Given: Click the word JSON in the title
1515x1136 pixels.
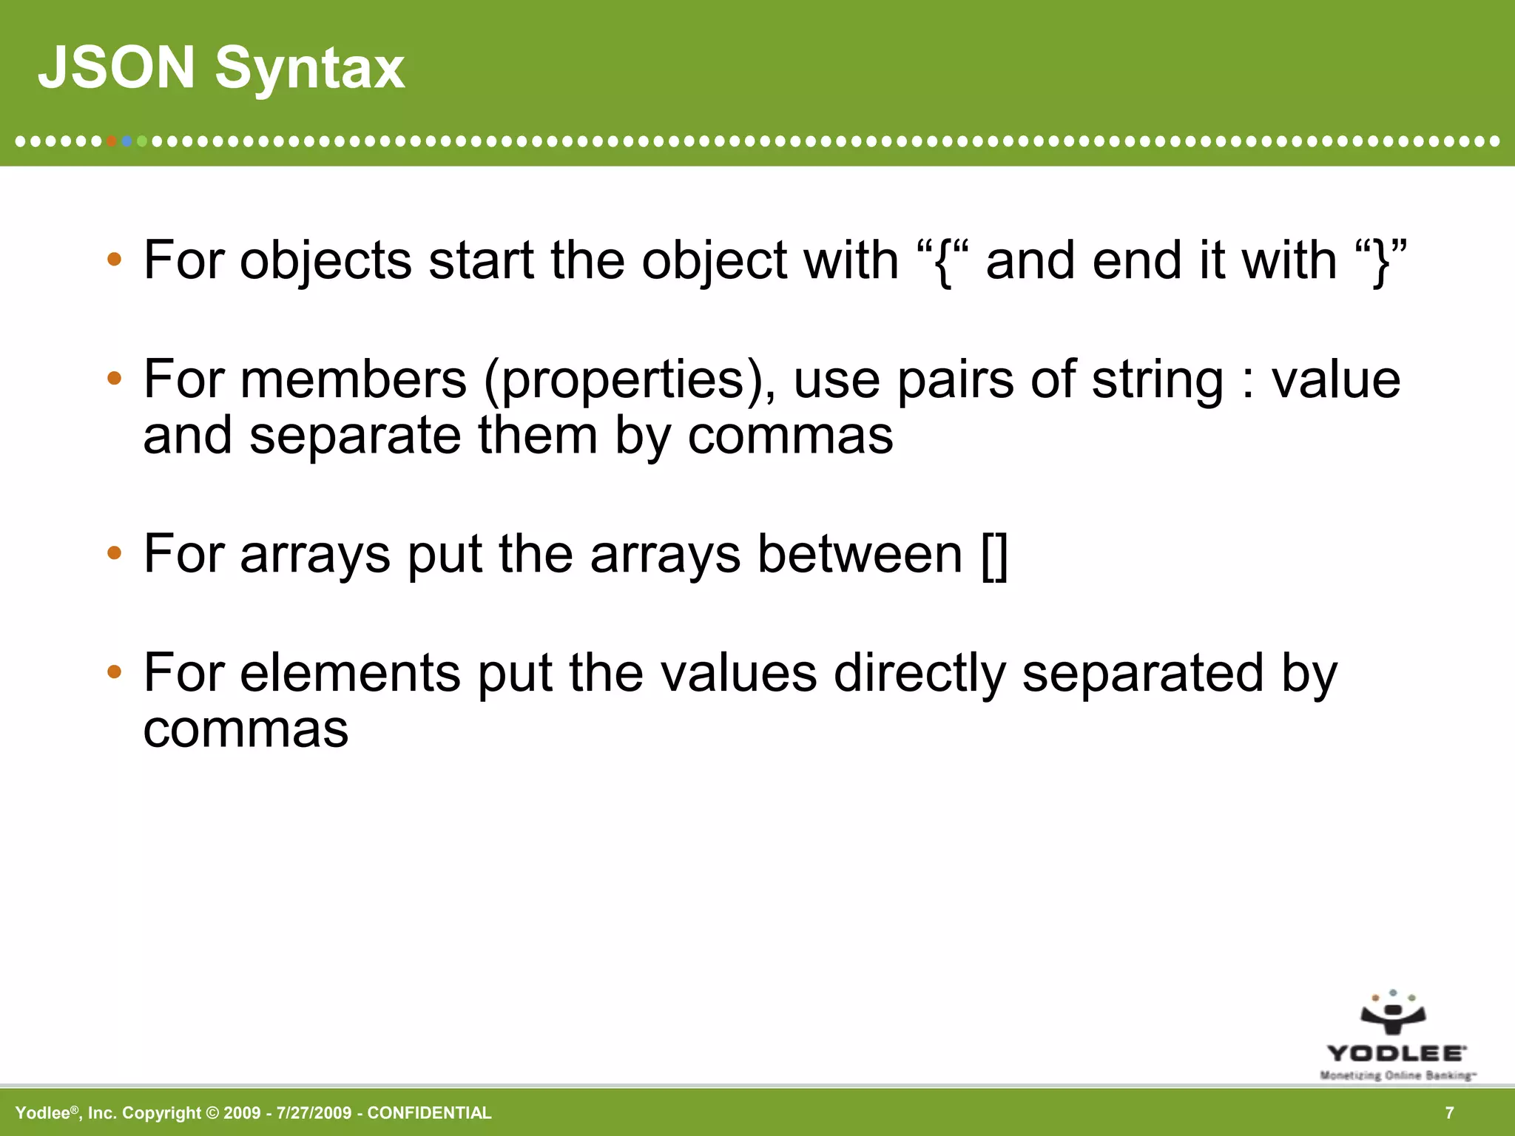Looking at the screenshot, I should tap(116, 68).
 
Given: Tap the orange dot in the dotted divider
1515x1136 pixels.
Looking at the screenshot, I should tap(111, 141).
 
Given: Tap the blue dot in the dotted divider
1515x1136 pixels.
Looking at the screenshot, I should tap(126, 141).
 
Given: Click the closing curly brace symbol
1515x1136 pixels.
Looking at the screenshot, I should tap(1380, 263).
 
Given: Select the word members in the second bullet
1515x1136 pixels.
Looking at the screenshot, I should tap(353, 379).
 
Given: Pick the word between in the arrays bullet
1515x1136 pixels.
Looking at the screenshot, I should tap(860, 555).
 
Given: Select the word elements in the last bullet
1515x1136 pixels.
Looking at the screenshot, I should tap(350, 673).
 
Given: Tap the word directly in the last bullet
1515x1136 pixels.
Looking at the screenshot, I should tap(919, 674).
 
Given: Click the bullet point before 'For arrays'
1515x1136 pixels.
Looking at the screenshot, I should tap(113, 553).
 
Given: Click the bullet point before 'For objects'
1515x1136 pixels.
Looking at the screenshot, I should tap(113, 260).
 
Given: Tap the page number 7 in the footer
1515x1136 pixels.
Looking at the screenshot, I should tap(1449, 1113).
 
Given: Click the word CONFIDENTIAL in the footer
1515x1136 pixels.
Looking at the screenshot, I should tap(429, 1113).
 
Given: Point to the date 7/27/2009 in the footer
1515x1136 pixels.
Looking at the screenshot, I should tap(314, 1113).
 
